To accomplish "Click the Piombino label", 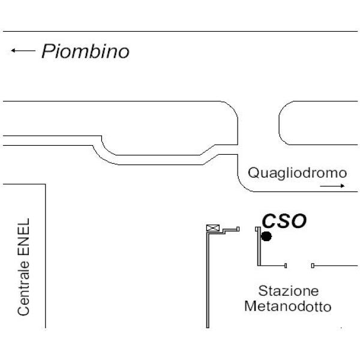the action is [85, 51].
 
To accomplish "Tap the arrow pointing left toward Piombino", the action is [23, 50].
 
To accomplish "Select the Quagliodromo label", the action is [298, 173].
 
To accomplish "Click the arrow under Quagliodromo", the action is [332, 186].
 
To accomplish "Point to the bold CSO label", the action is [284, 221].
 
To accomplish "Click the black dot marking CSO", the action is [266, 236].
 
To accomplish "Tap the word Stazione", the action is [289, 291].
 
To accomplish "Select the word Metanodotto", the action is [288, 306].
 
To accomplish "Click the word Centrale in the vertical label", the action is [23, 289].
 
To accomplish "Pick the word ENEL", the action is [23, 237].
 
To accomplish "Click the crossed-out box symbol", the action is [213, 228].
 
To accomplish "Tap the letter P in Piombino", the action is [47, 51].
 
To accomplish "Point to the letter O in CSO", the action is [299, 221].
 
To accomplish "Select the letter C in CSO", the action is [269, 221].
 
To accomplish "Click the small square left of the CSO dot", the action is [256, 229].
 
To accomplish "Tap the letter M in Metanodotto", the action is [250, 306].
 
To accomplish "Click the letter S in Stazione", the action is [262, 291].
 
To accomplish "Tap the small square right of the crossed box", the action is [238, 229].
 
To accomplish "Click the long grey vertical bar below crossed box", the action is [208, 281].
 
